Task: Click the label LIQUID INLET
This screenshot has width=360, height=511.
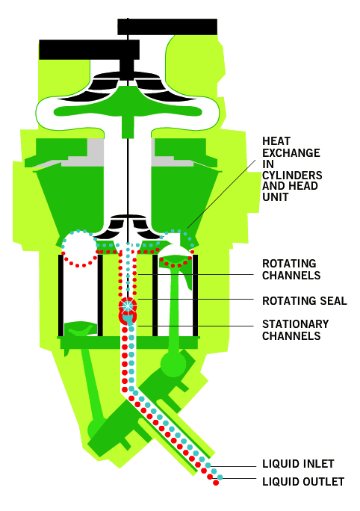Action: tap(298, 463)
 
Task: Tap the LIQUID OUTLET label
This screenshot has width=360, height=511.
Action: tap(303, 481)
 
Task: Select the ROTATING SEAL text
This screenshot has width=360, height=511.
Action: tap(305, 300)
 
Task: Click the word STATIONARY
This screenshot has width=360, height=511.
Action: tap(296, 324)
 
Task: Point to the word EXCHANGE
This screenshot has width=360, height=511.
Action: tap(291, 152)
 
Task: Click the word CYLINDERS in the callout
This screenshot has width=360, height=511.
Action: tap(292, 175)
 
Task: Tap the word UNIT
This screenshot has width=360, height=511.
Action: tap(276, 196)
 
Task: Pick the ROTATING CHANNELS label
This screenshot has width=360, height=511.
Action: tap(291, 269)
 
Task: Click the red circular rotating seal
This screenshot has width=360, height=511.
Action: tap(128, 306)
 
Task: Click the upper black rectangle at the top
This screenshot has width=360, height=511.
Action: tap(167, 27)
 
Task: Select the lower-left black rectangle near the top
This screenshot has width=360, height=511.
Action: tap(90, 49)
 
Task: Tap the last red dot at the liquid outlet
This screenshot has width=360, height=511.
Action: tap(216, 483)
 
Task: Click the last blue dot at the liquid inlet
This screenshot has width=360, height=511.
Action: tap(220, 477)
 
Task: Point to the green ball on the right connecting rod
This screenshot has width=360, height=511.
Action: tap(173, 363)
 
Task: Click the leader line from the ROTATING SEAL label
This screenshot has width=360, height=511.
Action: tap(196, 299)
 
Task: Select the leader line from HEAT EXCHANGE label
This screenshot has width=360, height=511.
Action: tap(222, 193)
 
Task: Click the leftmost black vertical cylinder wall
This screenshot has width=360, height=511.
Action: tap(60, 295)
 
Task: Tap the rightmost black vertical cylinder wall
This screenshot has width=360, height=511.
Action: tap(195, 295)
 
